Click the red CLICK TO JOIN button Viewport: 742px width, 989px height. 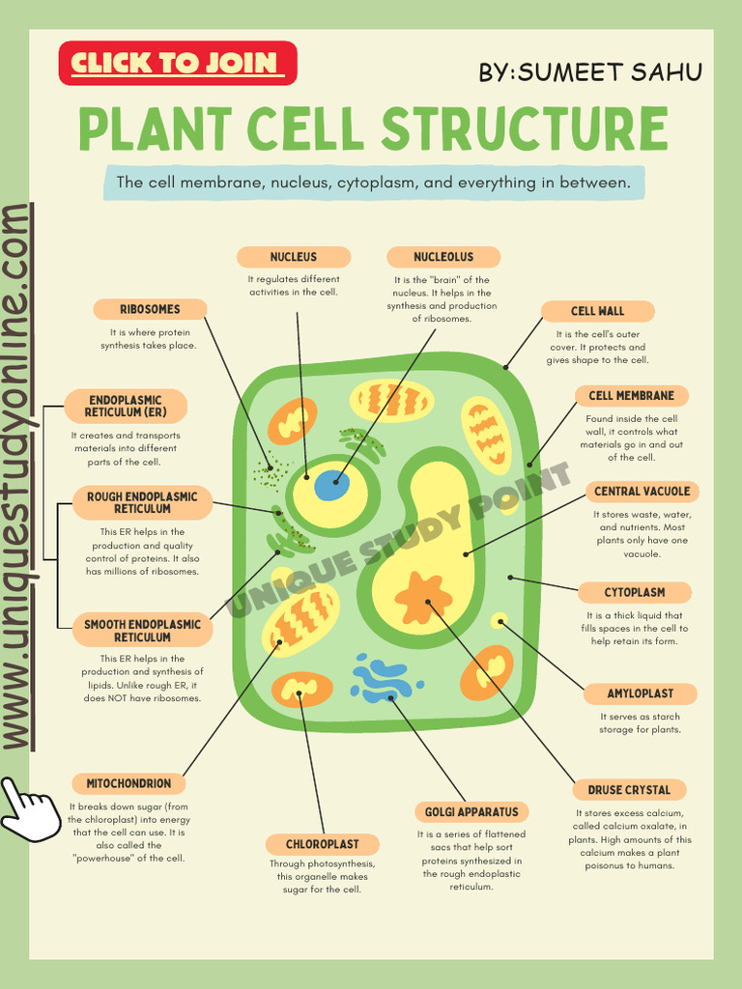point(178,64)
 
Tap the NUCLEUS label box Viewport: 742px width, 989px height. point(294,257)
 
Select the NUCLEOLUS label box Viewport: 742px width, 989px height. point(443,257)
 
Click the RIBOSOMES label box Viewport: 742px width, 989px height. point(150,309)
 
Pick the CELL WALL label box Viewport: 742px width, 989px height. point(597,311)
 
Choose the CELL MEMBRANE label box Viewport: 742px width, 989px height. point(632,395)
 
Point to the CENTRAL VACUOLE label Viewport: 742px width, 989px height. point(642,492)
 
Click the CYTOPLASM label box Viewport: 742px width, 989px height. point(635,592)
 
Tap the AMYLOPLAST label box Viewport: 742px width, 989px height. point(641,693)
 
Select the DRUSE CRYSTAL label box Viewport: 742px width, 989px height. point(629,789)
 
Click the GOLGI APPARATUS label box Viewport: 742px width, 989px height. point(471,811)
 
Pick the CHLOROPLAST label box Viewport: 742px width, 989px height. point(322,844)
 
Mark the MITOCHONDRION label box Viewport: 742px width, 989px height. point(128,783)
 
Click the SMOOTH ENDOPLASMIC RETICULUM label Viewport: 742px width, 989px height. point(142,631)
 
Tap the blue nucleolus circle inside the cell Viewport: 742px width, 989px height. point(331,486)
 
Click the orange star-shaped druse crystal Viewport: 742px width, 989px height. point(423,598)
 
